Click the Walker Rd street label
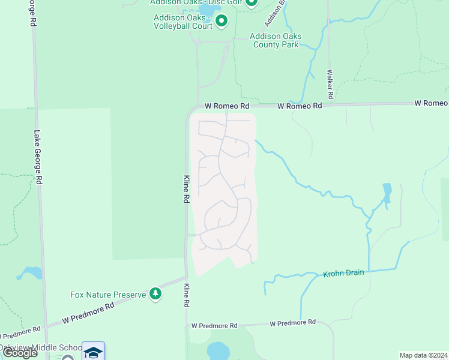(x=330, y=84)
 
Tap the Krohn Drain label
(x=344, y=273)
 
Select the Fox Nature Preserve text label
(x=109, y=295)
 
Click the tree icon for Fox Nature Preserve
(x=156, y=293)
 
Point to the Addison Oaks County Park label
(x=276, y=40)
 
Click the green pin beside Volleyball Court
(x=221, y=22)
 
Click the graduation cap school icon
(x=93, y=352)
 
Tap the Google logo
(x=20, y=353)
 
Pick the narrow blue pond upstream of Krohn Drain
(x=387, y=193)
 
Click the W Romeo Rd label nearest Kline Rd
(x=226, y=106)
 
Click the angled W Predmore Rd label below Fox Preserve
(x=88, y=313)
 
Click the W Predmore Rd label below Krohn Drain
(x=292, y=323)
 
